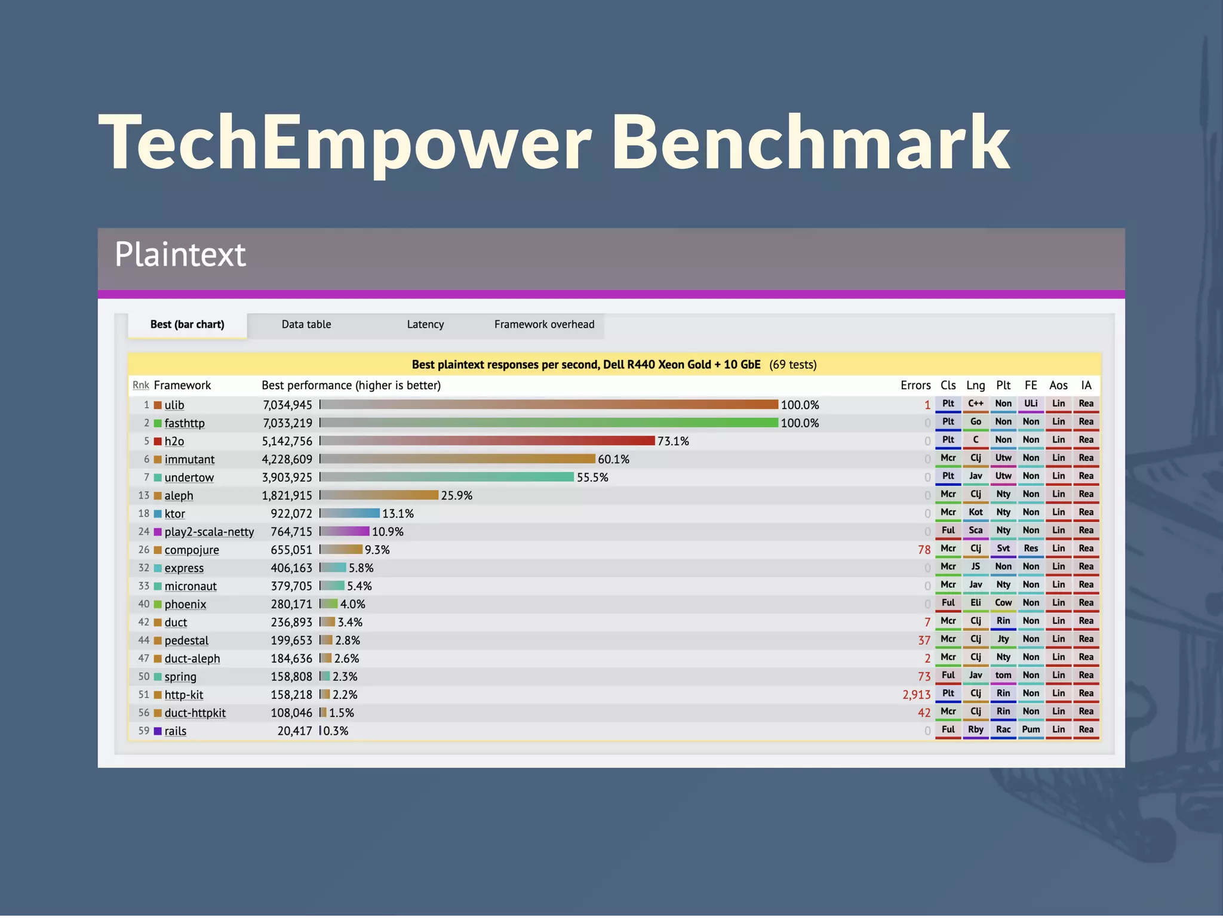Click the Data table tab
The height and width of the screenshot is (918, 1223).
(306, 325)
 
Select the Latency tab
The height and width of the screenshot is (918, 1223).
(425, 325)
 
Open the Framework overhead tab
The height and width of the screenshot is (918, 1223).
(544, 325)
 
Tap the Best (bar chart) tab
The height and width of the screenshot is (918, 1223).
(187, 325)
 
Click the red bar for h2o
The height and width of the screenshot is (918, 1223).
(487, 441)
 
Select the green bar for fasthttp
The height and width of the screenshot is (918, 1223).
(549, 423)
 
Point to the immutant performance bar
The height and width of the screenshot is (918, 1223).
(457, 459)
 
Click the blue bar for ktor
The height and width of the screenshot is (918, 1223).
(350, 513)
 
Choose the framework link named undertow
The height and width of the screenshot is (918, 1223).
(189, 478)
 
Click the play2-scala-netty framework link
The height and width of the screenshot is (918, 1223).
(209, 532)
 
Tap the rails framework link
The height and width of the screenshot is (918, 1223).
(175, 731)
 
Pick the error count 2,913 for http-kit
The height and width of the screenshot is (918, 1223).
(916, 695)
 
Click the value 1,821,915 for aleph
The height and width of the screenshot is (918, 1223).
(287, 495)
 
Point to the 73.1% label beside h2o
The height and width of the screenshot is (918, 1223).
(673, 441)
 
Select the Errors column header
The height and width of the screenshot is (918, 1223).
(915, 386)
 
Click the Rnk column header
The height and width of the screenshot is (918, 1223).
(140, 386)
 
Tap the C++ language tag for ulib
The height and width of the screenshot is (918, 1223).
(975, 404)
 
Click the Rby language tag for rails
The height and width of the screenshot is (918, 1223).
(975, 729)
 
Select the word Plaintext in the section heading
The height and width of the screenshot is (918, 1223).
(180, 255)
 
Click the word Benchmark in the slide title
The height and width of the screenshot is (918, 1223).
(810, 143)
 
